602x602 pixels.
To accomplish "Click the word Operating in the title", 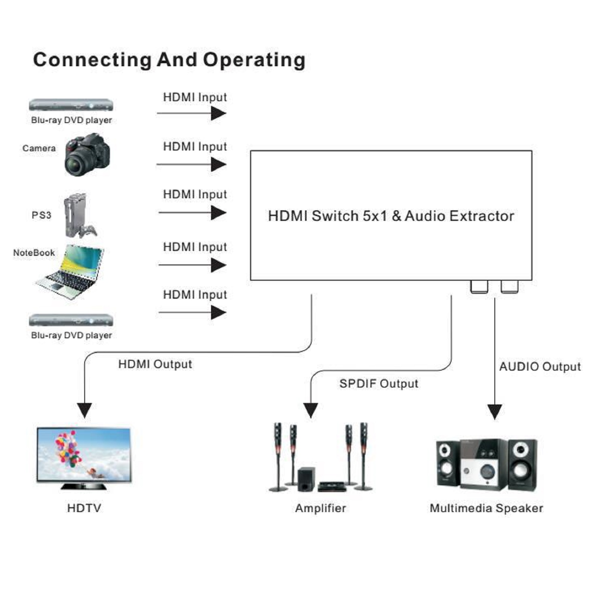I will click(254, 60).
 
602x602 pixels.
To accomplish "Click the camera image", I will click(88, 155).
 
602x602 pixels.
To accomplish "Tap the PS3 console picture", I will click(78, 215).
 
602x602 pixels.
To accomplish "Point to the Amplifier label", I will click(320, 508).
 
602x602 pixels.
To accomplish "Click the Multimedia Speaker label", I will click(486, 508).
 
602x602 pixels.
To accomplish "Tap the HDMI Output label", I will click(155, 364).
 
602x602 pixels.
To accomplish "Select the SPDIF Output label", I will click(379, 384).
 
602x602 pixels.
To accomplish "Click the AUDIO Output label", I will click(540, 367).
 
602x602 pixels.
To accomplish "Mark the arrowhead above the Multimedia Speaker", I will click(494, 411).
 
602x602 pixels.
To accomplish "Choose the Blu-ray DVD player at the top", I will click(71, 105).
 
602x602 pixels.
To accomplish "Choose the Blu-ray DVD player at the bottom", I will click(71, 320).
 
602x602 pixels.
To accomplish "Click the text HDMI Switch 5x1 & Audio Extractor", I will click(391, 216).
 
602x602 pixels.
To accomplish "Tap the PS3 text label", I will click(41, 215).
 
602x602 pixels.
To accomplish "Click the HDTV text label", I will click(84, 508).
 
